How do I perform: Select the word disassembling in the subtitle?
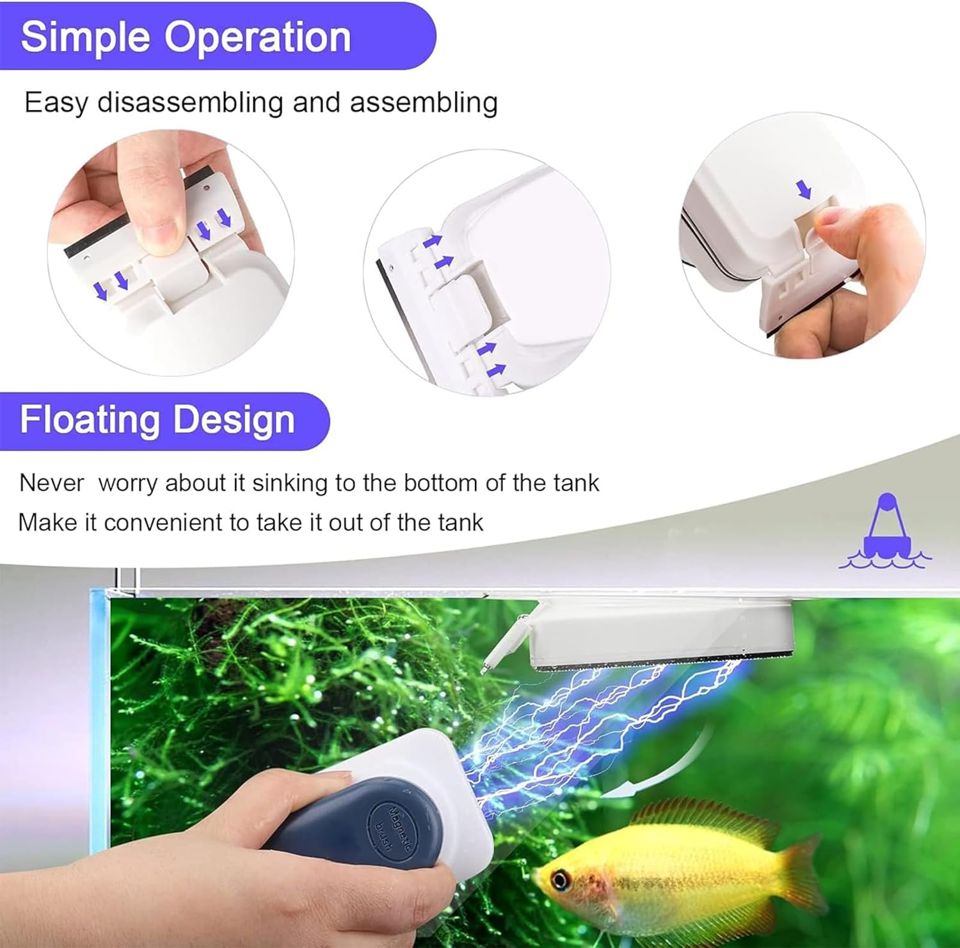(x=190, y=103)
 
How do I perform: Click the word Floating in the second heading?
(x=89, y=420)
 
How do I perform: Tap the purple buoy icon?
(x=886, y=532)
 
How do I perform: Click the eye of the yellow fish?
(x=561, y=880)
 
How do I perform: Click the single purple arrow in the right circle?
(x=803, y=189)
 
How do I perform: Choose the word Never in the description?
(x=51, y=483)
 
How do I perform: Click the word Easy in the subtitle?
(x=56, y=103)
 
